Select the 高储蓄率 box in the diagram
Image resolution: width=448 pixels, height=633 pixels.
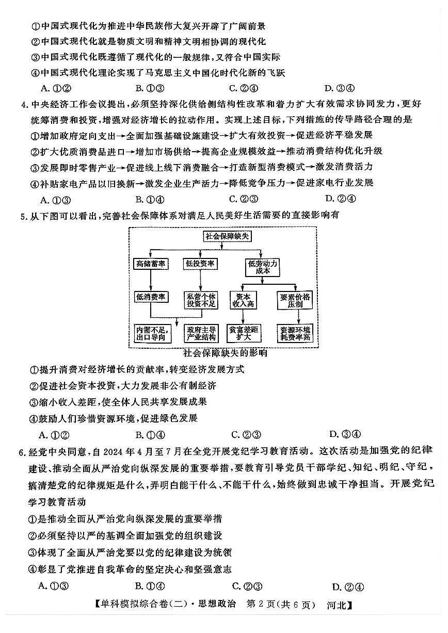coord(150,264)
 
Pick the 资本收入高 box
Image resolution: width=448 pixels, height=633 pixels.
coord(243,300)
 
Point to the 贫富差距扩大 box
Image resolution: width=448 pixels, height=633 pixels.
coord(243,333)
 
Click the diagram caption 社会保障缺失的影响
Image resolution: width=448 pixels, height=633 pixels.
coord(225,353)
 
